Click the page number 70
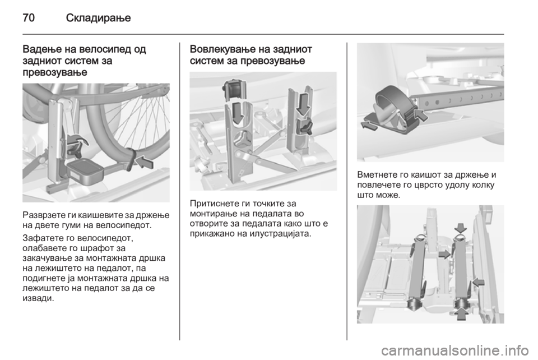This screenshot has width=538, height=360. click(x=29, y=17)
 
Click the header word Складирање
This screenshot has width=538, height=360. click(x=99, y=18)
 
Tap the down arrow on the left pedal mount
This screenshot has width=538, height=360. click(x=238, y=113)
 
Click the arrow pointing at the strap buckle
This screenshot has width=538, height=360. click(x=421, y=114)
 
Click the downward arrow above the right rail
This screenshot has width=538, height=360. click(x=461, y=228)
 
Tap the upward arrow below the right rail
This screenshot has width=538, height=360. click(x=462, y=313)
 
